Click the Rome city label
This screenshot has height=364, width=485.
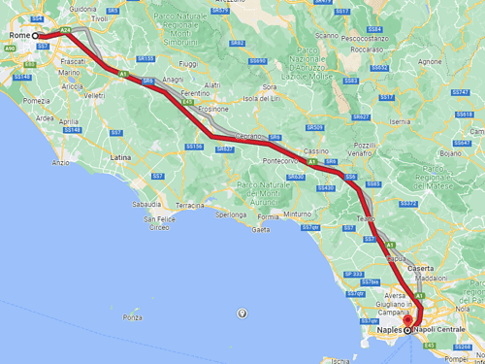[19, 35]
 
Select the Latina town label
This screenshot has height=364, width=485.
[121, 155]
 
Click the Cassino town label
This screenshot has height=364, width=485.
[315, 152]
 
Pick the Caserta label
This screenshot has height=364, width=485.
[421, 267]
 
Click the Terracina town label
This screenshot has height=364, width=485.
[190, 205]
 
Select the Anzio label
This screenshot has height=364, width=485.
[60, 162]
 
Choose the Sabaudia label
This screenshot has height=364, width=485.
[147, 205]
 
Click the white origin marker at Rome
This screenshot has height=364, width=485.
[37, 36]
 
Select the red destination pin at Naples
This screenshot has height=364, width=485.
[408, 322]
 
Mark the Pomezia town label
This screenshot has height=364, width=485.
[37, 100]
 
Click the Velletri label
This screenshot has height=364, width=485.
[94, 95]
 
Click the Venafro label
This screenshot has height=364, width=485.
[364, 152]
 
